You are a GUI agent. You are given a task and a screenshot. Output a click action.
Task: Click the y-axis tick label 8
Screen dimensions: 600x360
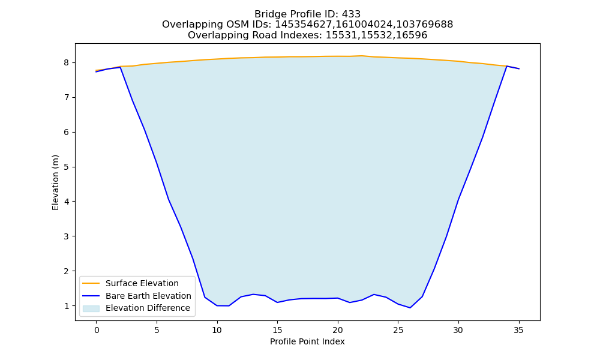67,63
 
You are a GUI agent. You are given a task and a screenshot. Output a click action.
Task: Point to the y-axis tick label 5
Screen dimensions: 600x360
67,167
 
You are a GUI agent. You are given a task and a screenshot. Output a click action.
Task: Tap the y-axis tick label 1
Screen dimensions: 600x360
67,306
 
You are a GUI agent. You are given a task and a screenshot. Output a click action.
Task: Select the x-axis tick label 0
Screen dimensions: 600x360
97,330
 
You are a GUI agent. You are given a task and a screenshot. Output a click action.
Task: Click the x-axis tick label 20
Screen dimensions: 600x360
337,330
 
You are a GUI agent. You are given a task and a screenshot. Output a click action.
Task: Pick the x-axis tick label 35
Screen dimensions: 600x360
518,330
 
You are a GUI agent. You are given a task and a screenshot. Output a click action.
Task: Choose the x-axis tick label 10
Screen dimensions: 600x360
217,330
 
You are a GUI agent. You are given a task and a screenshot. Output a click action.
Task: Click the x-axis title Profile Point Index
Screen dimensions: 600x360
307,341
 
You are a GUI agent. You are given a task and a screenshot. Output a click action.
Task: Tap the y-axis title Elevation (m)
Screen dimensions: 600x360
55,182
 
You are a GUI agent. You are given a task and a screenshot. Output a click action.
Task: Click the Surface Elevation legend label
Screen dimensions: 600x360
142,283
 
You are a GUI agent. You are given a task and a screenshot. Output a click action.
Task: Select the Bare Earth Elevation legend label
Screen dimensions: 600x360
148,296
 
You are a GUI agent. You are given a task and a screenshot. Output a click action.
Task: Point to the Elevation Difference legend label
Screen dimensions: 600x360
148,308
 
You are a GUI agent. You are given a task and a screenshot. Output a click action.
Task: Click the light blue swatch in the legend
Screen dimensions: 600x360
91,308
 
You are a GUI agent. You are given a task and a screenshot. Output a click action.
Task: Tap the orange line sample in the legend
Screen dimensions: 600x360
91,283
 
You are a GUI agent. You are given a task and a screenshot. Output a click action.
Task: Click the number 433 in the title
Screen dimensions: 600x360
351,14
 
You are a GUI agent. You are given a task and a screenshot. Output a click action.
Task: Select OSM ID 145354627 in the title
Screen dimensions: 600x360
305,25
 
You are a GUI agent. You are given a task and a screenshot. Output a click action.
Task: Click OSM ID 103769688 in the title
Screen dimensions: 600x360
424,25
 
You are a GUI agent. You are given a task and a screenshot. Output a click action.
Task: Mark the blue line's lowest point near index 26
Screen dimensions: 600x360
410,308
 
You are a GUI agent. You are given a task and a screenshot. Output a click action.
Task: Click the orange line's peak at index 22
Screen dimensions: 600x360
362,56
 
